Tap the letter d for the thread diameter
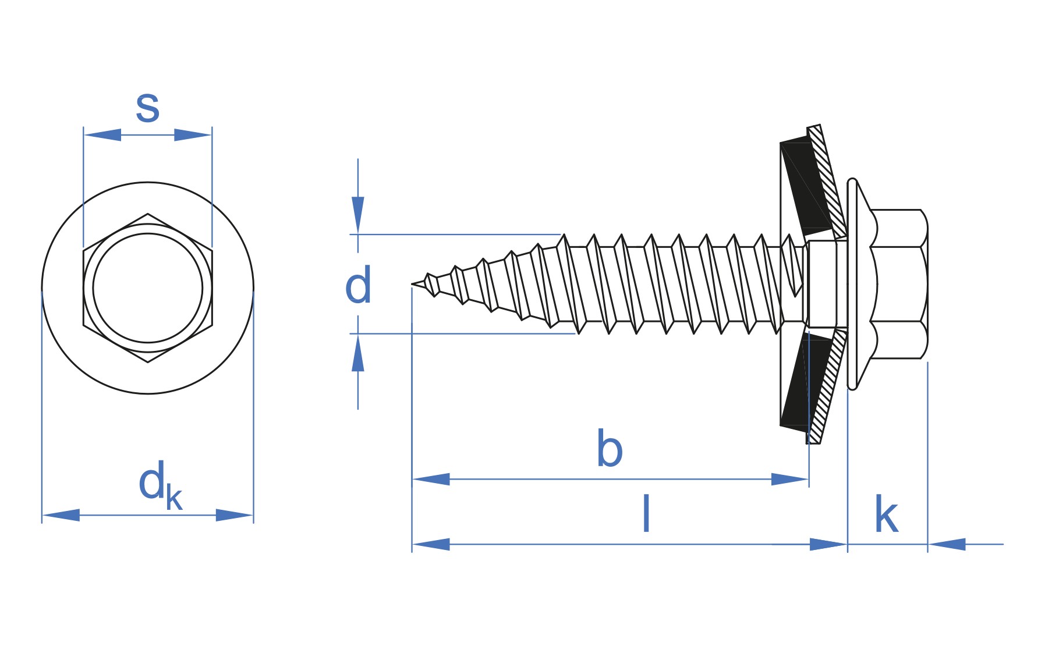pyautogui.click(x=357, y=285)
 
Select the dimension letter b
pyautogui.click(x=610, y=449)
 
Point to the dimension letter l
pyautogui.click(x=646, y=513)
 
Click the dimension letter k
pyautogui.click(x=886, y=514)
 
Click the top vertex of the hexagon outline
pyautogui.click(x=147, y=214)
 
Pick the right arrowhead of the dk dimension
pyautogui.click(x=234, y=515)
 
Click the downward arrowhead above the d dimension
pyautogui.click(x=358, y=214)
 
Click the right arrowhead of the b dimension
pyautogui.click(x=789, y=480)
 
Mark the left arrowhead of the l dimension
pyautogui.click(x=431, y=545)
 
